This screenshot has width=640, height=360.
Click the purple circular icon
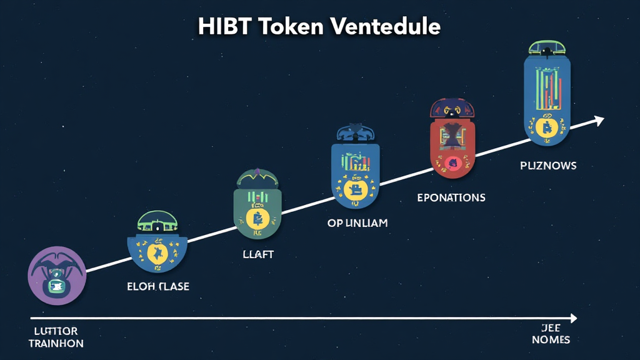click(x=57, y=276)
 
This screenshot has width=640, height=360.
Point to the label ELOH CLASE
click(x=157, y=287)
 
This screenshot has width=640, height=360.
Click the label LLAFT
click(x=257, y=255)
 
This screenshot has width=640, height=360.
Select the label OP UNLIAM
click(x=357, y=223)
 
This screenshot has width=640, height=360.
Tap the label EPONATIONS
click(x=451, y=197)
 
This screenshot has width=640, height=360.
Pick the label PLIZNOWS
click(x=548, y=166)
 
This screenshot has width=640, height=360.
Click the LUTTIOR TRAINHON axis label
click(x=56, y=337)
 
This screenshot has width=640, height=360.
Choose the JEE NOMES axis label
click(x=551, y=334)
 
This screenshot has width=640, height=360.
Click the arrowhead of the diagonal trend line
click(x=599, y=119)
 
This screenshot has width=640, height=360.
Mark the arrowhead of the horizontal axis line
click(x=573, y=319)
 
